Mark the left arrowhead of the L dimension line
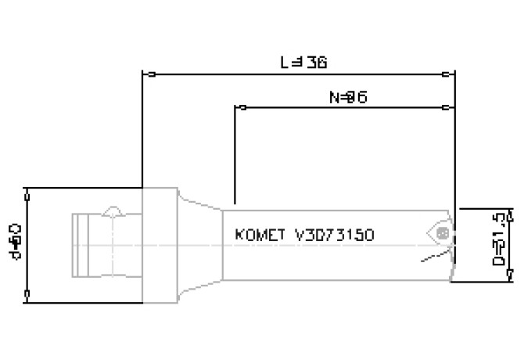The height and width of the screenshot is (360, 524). [x=148, y=75]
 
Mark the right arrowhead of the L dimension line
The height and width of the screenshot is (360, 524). [x=448, y=75]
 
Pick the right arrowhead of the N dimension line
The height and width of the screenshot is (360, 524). [x=448, y=105]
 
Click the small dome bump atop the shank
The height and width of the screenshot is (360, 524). [x=113, y=211]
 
